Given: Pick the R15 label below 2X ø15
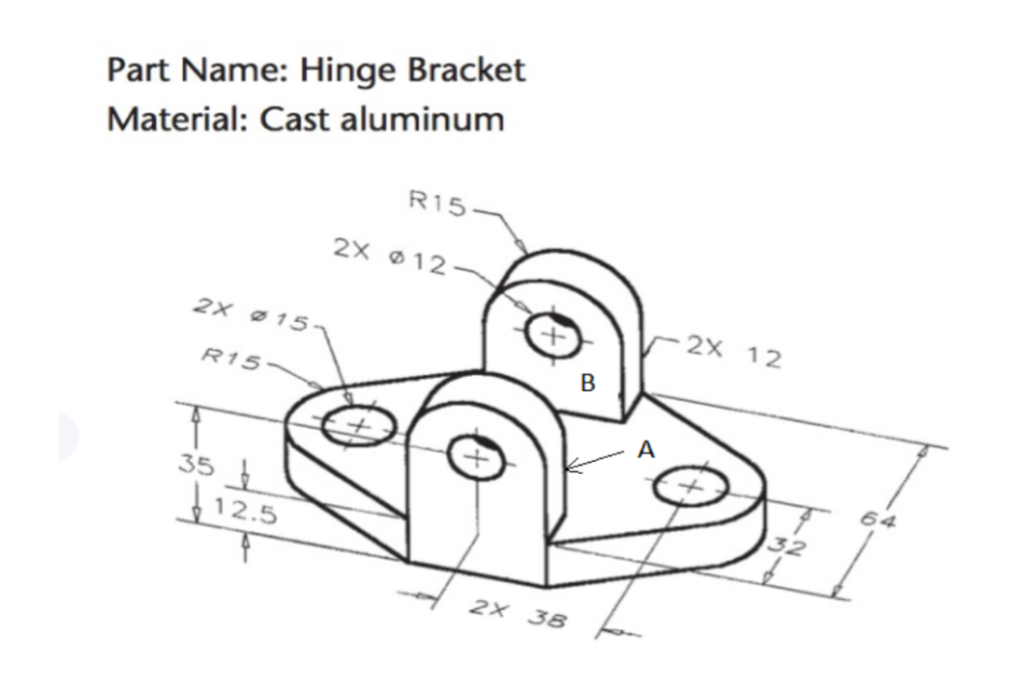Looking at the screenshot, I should click(232, 356).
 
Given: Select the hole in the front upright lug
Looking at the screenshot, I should click(477, 457).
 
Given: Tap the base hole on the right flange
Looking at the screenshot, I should click(690, 487).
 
